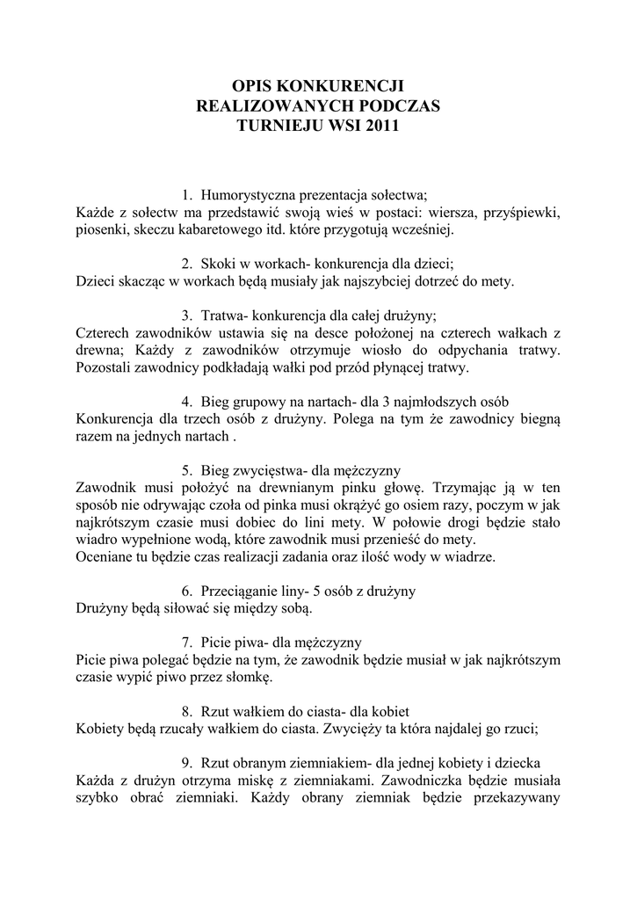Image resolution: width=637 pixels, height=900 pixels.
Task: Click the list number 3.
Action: pos(187,316)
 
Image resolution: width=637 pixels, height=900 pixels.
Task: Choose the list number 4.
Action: pos(187,402)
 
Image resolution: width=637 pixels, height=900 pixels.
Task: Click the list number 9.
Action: pos(187,762)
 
